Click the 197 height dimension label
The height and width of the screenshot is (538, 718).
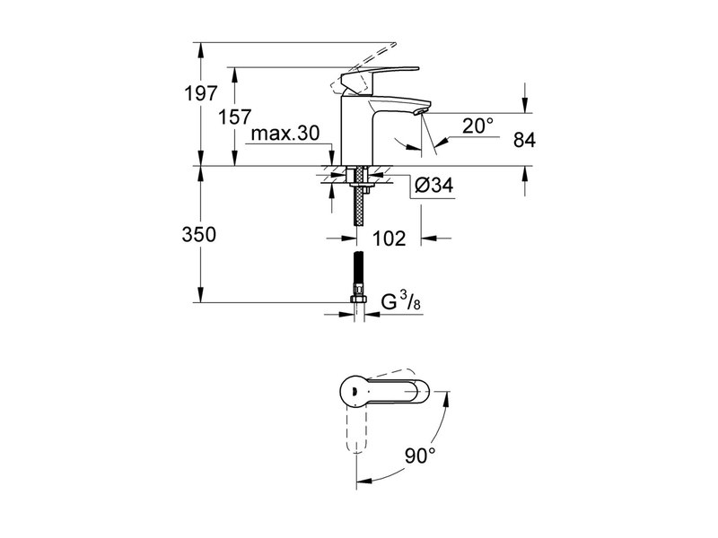(200, 94)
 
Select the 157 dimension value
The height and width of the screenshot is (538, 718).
(234, 117)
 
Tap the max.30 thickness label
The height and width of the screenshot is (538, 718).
(285, 134)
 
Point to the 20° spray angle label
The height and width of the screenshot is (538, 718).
(477, 126)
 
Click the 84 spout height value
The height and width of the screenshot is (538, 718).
(524, 140)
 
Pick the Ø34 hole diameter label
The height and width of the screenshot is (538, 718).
(434, 186)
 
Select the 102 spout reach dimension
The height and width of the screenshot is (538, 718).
(389, 239)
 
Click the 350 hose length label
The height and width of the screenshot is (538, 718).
(198, 235)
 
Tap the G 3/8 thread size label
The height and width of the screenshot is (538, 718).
(401, 302)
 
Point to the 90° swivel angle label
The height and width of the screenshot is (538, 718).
(420, 456)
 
